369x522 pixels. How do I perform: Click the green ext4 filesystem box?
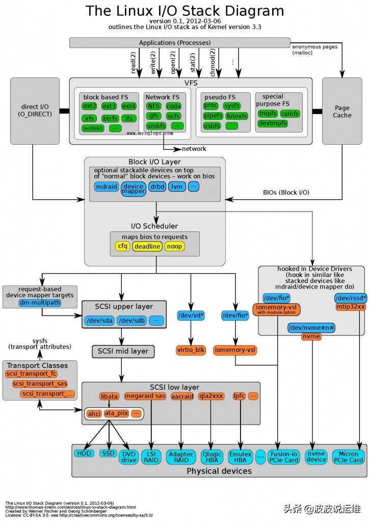tap(128, 106)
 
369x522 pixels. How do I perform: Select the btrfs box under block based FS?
tap(109, 119)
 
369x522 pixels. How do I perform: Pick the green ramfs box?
tap(290, 114)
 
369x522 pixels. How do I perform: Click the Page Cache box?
tap(342, 112)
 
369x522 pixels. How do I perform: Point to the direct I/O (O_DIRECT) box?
tap(35, 111)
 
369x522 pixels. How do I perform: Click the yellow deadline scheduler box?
tap(147, 247)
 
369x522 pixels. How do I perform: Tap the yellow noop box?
tap(174, 247)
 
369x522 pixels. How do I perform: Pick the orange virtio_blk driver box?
tap(191, 350)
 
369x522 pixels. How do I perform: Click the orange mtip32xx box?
tap(350, 307)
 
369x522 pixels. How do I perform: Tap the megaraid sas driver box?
tap(151, 396)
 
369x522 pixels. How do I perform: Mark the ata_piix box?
tap(116, 413)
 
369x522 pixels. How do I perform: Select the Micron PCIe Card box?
tap(349, 457)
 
